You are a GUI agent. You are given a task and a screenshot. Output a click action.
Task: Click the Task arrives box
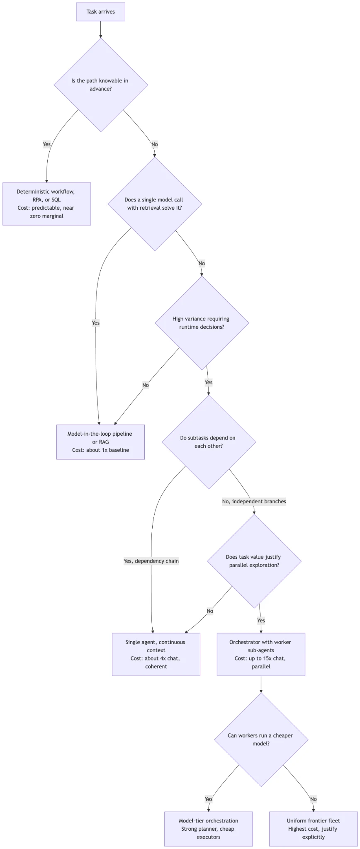(100, 12)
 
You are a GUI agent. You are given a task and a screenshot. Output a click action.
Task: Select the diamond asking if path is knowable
(101, 85)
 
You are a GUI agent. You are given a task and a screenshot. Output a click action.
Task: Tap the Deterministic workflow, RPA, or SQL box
(46, 204)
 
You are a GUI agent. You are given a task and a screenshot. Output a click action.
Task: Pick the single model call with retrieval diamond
(155, 204)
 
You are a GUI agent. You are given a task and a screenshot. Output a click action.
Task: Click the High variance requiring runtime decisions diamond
(202, 323)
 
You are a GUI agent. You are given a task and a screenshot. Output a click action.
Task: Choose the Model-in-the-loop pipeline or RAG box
(100, 442)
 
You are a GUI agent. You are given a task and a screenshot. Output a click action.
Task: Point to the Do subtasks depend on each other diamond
(209, 442)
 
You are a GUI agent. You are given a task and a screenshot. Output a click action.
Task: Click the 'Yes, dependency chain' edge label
(151, 561)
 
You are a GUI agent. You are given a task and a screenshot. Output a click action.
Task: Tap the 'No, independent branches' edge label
(254, 502)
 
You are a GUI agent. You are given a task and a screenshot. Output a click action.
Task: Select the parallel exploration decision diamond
(254, 561)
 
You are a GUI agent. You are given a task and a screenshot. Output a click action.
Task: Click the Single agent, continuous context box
(156, 654)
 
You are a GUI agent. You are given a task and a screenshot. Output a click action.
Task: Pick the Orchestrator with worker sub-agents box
(261, 654)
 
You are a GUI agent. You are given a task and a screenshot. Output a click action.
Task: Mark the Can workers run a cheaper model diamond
(261, 740)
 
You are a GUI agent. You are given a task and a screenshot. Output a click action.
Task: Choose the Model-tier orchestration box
(208, 829)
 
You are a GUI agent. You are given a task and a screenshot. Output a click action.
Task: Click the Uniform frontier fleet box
(313, 829)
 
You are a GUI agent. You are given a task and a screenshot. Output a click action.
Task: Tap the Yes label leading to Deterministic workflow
(47, 144)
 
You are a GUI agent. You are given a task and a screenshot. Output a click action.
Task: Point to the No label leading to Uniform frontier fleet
(313, 799)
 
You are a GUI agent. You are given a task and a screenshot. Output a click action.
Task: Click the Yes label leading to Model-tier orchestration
(209, 799)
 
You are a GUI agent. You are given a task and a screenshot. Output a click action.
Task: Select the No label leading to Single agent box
(210, 611)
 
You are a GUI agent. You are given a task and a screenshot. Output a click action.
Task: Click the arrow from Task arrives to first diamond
(100, 29)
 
